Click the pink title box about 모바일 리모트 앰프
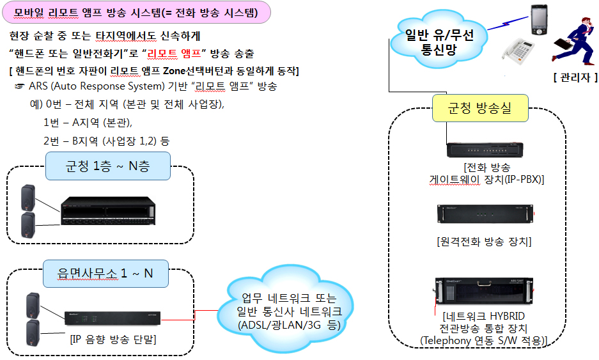(x=136, y=12)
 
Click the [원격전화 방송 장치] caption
(x=484, y=242)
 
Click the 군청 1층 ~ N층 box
(x=107, y=166)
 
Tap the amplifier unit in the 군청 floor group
(x=108, y=210)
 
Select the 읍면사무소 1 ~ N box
(x=106, y=274)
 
